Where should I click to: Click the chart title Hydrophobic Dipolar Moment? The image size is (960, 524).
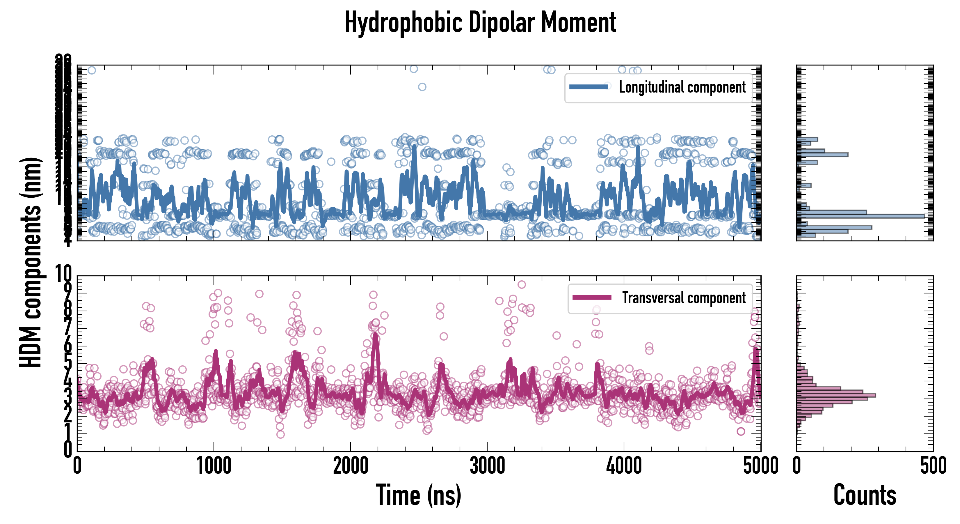(480, 22)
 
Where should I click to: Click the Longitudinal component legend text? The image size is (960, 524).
(682, 87)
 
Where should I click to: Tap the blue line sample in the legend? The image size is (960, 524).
(589, 87)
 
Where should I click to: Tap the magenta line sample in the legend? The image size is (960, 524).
(592, 297)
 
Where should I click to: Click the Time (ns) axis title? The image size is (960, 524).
(419, 495)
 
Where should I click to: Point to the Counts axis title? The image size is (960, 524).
(865, 495)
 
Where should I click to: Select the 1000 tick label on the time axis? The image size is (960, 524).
(214, 466)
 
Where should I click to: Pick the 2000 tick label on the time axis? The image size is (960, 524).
(350, 466)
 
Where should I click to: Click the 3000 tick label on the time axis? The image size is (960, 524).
(487, 466)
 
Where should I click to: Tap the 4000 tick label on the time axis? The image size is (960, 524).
(624, 466)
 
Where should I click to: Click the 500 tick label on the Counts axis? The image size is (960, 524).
(933, 466)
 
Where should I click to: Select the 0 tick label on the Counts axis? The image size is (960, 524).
(797, 466)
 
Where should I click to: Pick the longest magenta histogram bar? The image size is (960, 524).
(836, 395)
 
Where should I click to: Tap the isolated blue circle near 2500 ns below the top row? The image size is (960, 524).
(422, 87)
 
